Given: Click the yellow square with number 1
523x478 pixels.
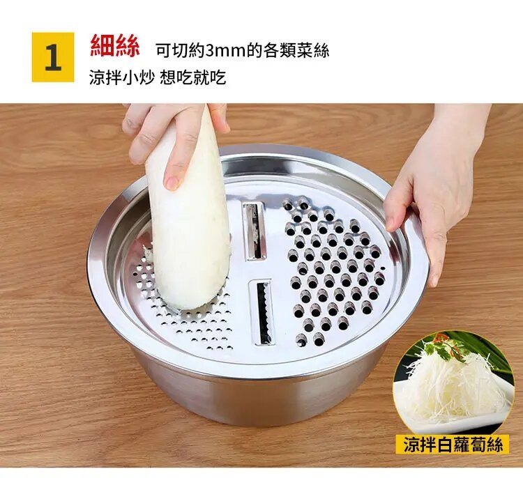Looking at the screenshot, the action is tap(53, 57).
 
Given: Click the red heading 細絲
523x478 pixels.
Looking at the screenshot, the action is tap(115, 46).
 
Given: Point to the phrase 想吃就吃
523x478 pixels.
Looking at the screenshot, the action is tap(192, 78).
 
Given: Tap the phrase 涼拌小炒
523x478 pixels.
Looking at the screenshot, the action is tap(121, 78).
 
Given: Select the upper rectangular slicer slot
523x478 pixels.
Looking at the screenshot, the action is tap(255, 231).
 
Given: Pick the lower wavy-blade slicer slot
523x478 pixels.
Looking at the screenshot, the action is tap(262, 312).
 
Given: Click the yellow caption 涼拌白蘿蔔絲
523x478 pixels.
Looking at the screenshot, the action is tap(453, 445).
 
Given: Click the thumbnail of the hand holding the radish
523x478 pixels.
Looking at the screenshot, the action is tap(172, 182).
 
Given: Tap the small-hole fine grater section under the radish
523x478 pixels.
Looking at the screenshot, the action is tap(187, 310).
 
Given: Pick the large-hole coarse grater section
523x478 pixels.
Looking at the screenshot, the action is tap(335, 272).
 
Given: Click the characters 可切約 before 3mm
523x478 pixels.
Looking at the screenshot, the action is tap(181, 51).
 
